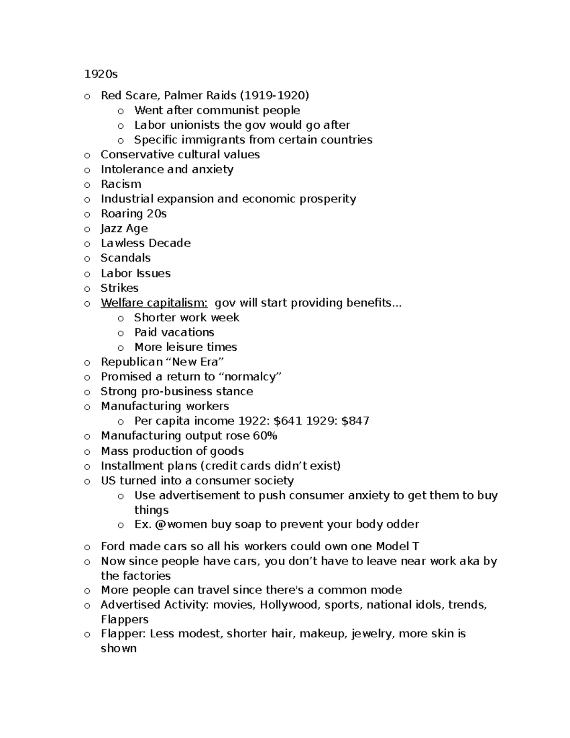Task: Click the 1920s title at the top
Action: click(x=101, y=74)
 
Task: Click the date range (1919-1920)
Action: click(x=275, y=96)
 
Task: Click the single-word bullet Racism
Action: click(x=121, y=184)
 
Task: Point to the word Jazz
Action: click(x=111, y=229)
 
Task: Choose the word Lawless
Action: click(x=121, y=243)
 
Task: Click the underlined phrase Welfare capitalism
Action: click(x=154, y=303)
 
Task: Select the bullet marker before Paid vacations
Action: click(x=121, y=333)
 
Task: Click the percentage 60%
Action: click(x=265, y=436)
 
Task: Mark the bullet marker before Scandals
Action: click(x=87, y=259)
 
